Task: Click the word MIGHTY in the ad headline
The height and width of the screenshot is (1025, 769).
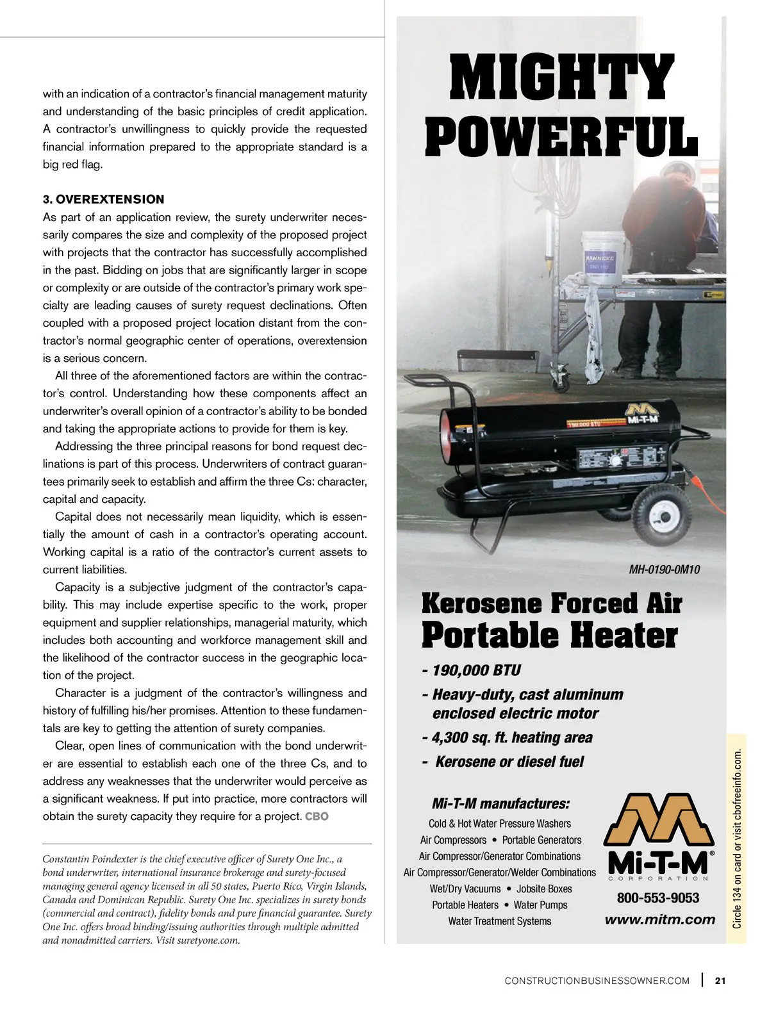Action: [x=561, y=78]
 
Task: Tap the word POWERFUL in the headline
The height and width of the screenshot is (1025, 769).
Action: [x=561, y=137]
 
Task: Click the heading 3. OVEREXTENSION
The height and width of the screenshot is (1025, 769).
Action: [x=104, y=199]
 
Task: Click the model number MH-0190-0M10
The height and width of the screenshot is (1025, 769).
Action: [x=664, y=570]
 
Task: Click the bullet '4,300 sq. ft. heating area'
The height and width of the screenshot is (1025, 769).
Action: [x=507, y=738]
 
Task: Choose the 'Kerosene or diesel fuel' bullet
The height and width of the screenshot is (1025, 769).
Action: [x=504, y=762]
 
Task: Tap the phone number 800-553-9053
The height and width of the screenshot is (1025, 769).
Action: [x=658, y=898]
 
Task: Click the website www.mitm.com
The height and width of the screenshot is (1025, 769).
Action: [x=659, y=920]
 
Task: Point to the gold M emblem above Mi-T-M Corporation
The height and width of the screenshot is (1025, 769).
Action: [x=658, y=821]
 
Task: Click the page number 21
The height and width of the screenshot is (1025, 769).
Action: [x=720, y=980]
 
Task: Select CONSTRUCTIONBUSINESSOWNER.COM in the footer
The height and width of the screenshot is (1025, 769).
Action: [x=597, y=981]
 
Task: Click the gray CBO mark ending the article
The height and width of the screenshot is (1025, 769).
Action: [x=317, y=817]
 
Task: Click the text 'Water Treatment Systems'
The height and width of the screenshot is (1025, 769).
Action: [x=499, y=921]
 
